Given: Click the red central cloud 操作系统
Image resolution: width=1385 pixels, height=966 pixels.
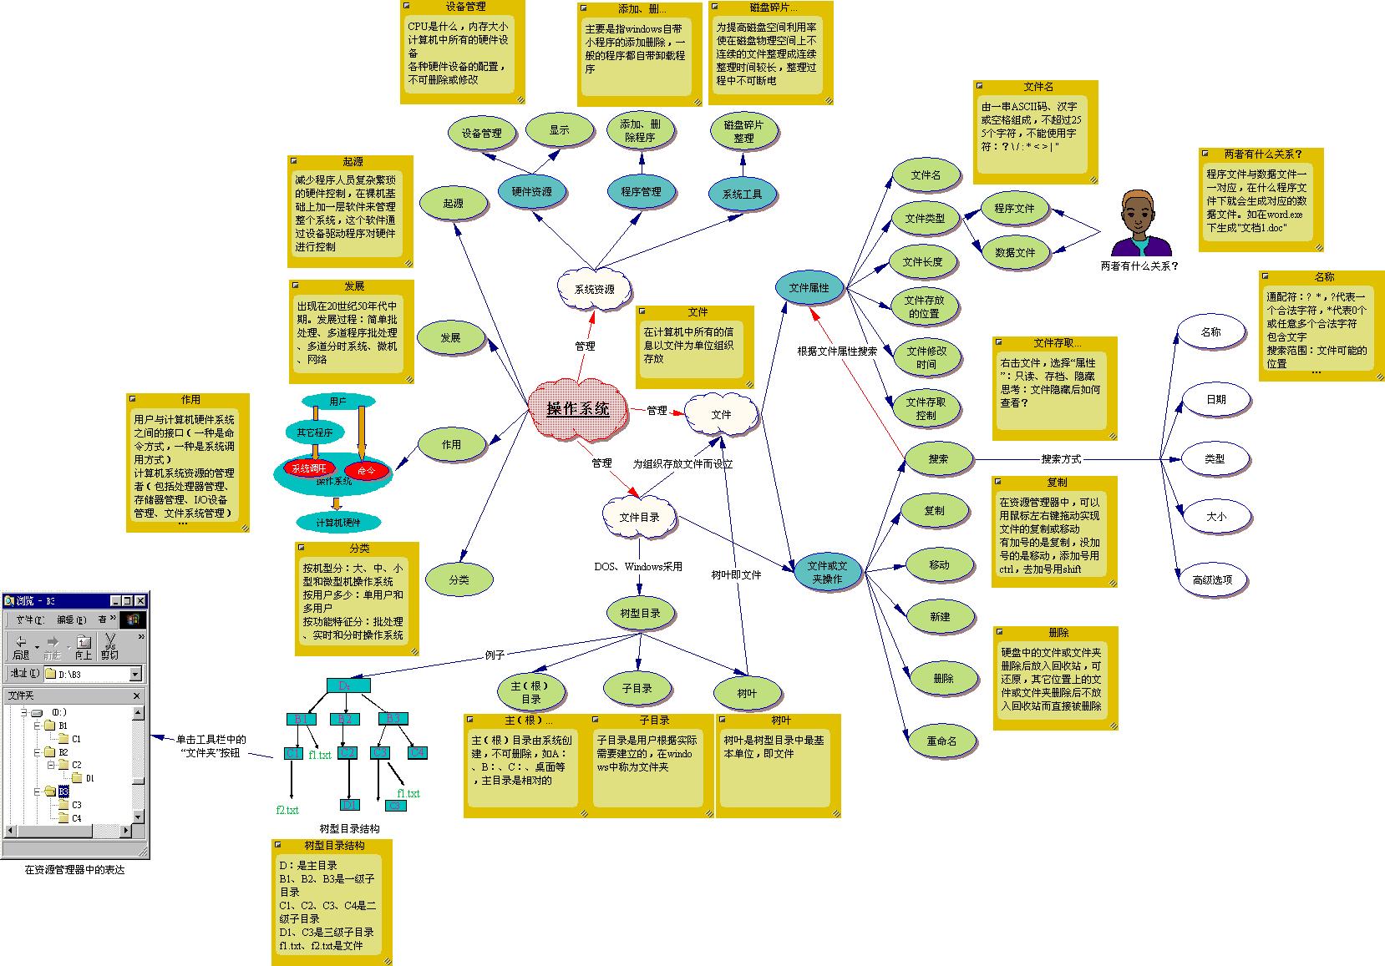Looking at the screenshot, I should tap(578, 409).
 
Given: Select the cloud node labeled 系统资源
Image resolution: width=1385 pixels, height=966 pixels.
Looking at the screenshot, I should tap(594, 289).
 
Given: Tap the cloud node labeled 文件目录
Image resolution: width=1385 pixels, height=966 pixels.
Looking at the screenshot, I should tap(639, 518).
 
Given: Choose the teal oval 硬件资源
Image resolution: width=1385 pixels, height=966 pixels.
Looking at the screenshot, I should tap(531, 192).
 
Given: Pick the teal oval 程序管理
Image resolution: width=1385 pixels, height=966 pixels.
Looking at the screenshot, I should tap(641, 192).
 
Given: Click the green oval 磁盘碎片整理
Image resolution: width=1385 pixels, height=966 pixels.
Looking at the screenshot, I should tap(743, 132).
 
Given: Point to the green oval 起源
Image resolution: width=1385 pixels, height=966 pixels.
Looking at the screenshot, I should tap(453, 204).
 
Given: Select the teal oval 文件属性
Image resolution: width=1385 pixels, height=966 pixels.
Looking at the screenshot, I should tap(809, 288).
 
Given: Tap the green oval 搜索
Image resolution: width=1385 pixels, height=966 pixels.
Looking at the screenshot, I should tap(938, 458).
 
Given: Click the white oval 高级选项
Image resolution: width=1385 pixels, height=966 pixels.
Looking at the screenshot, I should tap(1212, 579).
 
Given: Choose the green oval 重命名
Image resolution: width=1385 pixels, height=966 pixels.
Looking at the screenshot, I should tap(941, 741).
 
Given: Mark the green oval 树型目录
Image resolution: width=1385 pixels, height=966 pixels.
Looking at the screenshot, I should tap(640, 614).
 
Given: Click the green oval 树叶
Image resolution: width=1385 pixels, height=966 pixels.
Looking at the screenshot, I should tap(747, 693).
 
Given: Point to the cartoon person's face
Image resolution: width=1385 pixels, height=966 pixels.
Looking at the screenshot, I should tap(1141, 213).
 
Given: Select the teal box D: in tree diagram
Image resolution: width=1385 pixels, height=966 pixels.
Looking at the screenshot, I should tap(348, 685).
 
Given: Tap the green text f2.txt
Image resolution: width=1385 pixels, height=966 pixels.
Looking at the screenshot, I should tap(287, 810).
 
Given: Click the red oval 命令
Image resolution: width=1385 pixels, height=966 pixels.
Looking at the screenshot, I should tap(367, 471).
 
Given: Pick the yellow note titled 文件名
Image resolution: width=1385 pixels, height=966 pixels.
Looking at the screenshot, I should tap(1035, 132).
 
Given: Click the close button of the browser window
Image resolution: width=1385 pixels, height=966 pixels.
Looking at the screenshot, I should tap(141, 600).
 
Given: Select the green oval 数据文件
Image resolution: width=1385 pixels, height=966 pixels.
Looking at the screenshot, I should tap(1015, 252).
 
